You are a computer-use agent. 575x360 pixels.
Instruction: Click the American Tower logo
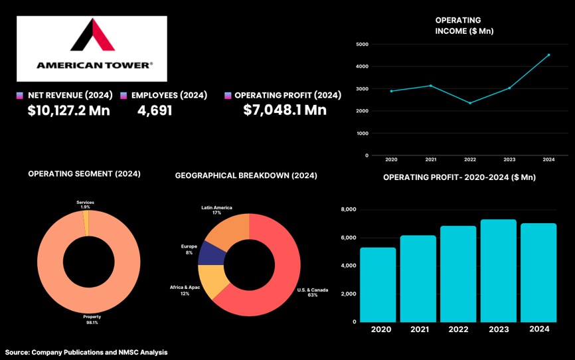92,48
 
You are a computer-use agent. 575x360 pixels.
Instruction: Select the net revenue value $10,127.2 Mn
68,110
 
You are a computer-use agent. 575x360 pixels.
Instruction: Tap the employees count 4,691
155,110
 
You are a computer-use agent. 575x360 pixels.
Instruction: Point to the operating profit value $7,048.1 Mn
284,110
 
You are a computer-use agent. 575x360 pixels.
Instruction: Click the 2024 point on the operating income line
548,55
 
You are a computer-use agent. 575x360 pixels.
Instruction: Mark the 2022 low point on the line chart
470,103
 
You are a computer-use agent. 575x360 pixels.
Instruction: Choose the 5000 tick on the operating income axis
362,45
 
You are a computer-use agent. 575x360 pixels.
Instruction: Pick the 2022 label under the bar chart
458,329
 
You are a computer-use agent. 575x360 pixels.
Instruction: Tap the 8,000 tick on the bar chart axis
349,210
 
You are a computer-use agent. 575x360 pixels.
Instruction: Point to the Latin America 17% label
216,211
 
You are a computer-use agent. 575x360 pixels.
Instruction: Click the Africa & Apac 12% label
184,290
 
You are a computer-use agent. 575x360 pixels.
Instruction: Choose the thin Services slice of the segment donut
86,223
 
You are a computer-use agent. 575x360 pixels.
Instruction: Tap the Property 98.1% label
92,319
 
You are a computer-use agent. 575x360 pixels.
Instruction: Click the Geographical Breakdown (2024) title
246,176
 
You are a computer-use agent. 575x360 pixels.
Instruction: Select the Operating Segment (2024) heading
84,174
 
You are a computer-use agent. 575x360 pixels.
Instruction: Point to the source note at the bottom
86,352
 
